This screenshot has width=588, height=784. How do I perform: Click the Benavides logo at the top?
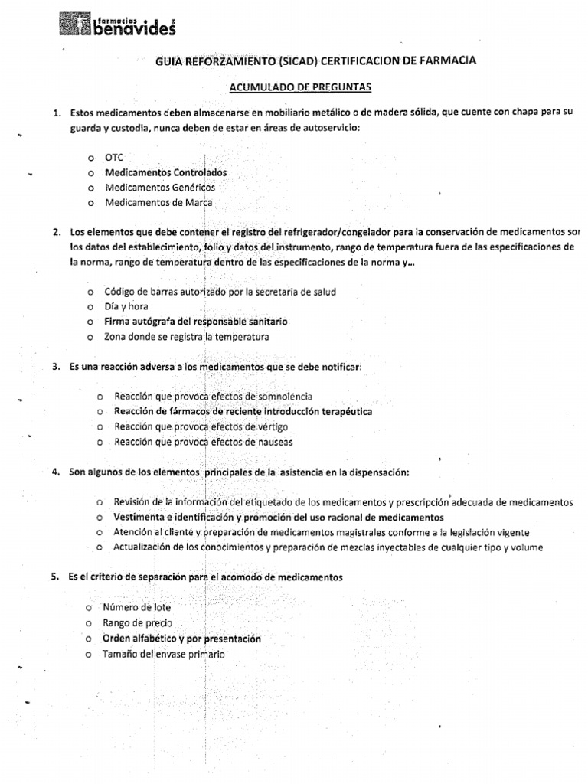pos(118,24)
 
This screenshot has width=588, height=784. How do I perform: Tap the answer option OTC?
pos(114,158)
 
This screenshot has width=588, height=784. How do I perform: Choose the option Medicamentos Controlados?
pos(165,172)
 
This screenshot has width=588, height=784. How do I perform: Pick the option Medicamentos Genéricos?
pos(160,188)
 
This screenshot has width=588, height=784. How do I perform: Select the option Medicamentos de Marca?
pos(158,203)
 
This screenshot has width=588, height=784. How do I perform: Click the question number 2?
pos(57,231)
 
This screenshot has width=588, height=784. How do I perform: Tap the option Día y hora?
pos(126,306)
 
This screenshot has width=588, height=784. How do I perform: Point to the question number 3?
pos(57,367)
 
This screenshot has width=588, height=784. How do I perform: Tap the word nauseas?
pos(274,442)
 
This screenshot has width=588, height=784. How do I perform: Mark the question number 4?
pos(57,472)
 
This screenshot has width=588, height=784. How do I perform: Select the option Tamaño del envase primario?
pos(164,654)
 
